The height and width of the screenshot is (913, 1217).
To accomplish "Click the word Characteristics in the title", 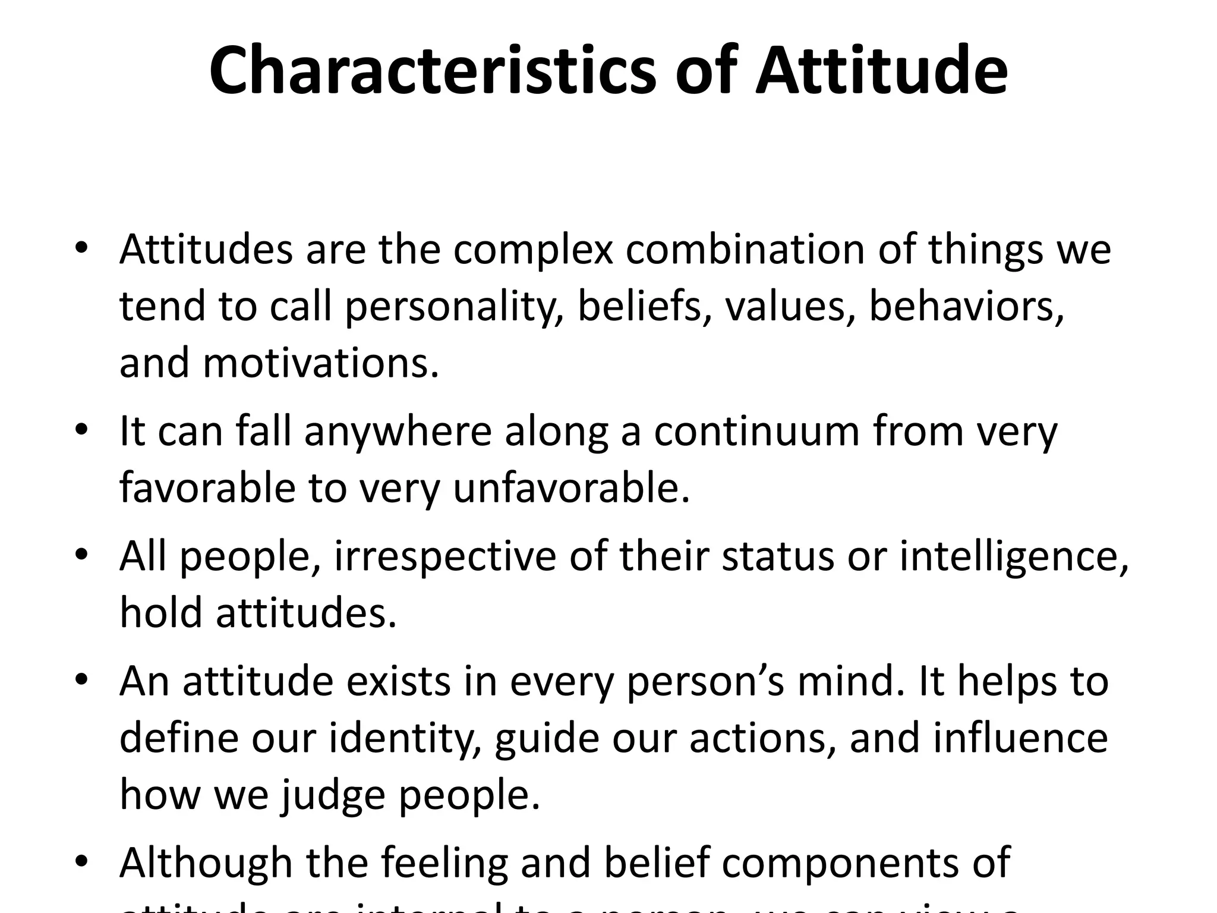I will pos(433,71).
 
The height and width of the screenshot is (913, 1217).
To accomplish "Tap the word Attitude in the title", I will pos(881,71).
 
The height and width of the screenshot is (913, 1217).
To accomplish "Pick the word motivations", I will pos(321,363).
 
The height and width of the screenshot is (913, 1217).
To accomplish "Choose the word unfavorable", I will pos(572,487).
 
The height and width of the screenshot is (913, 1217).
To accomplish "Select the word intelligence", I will pos(1014,557).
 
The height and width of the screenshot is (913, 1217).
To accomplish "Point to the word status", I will pos(778,557).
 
